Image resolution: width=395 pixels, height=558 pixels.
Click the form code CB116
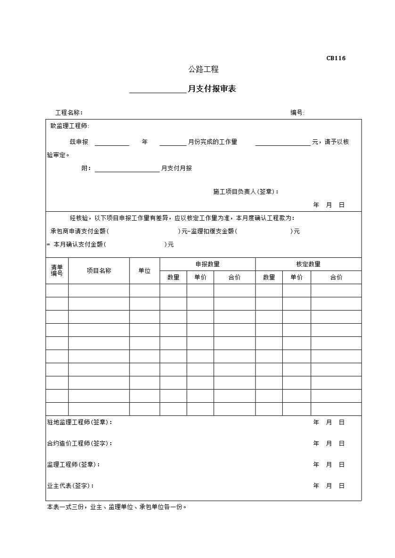pos(336,58)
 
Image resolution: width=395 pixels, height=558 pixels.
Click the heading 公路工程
pos(204,69)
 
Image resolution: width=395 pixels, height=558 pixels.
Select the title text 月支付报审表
pos(212,89)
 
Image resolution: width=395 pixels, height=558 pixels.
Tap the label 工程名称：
pos(69,112)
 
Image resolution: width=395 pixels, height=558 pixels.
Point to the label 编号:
pos(297,112)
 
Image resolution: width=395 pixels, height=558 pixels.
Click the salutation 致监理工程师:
pos(70,126)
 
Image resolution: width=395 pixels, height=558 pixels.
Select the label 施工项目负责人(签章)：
pos(246,191)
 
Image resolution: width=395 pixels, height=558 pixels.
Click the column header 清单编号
pos(57,271)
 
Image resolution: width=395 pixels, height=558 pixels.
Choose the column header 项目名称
pos(99,271)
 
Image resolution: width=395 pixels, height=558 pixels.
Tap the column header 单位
pos(145,271)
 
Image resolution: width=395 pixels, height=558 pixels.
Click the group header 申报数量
pos(207,264)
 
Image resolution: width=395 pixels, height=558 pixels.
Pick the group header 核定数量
pos(308,264)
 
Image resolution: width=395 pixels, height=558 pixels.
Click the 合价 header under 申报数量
pos(234,277)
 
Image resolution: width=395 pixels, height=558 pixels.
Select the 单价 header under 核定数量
pos(296,277)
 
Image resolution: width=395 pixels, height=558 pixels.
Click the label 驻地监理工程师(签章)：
pos(80,422)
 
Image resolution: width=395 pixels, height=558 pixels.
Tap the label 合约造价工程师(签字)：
pos(80,443)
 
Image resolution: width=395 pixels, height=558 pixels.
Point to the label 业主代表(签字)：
pos(70,486)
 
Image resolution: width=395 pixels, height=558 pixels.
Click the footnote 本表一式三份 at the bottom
pos(117,507)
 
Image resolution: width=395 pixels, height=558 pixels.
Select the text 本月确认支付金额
pos(78,244)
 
